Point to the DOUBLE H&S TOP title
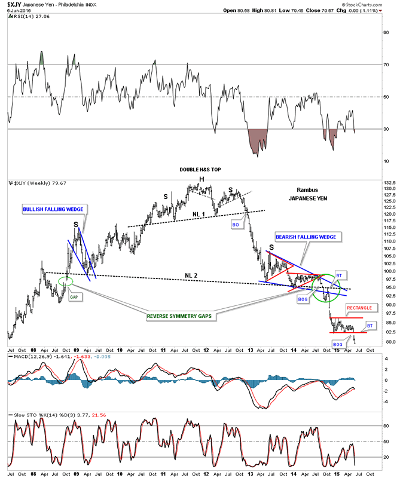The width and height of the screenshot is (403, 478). tap(200, 170)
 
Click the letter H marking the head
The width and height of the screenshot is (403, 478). tap(202, 179)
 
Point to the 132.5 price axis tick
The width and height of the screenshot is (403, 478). tap(392, 182)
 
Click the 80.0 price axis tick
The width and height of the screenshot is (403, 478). tap(390, 342)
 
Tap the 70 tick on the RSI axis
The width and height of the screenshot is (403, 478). tap(387, 64)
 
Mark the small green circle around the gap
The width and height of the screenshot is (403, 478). tap(66, 280)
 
